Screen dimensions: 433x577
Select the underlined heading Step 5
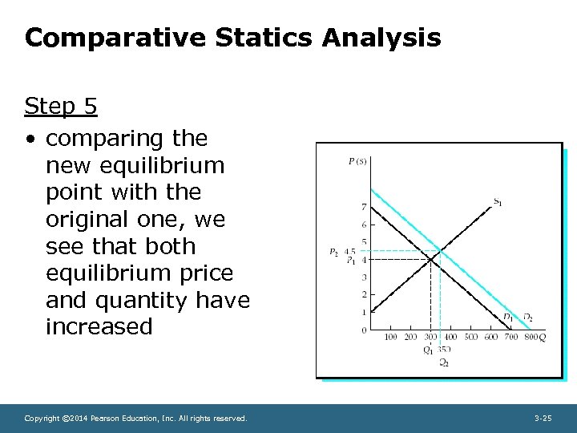61,106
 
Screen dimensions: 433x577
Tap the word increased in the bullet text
99,326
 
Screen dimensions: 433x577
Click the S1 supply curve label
498,201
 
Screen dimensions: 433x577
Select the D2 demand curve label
527,318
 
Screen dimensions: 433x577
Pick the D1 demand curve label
509,318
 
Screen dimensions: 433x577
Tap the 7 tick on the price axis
364,208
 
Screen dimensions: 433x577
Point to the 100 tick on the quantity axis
390,338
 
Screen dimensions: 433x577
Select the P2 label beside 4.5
333,251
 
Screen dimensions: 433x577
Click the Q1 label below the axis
429,350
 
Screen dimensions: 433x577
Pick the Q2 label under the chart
443,362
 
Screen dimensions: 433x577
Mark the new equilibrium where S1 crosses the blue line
439,251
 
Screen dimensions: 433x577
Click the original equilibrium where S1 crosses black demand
430,260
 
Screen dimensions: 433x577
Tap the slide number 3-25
543,418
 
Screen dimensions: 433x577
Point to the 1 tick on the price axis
364,313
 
